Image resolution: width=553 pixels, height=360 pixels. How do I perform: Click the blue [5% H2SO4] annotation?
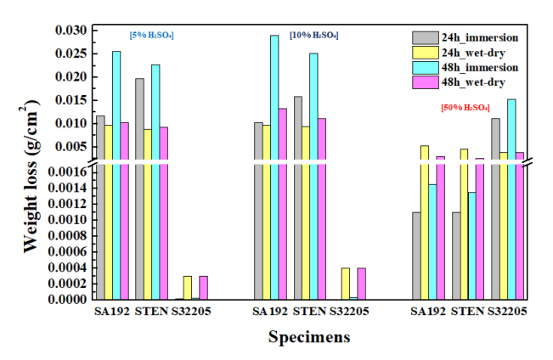pos(153,35)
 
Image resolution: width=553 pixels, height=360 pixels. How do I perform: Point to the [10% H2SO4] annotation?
pos(313,35)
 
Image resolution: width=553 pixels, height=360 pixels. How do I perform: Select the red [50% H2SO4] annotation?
pos(465,108)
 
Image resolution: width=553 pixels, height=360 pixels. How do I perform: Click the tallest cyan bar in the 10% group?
pos(274,166)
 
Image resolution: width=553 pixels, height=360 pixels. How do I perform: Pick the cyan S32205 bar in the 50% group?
pos(511,199)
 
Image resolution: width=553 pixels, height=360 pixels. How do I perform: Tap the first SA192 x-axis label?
pos(111,312)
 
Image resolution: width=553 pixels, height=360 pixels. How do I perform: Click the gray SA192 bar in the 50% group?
pos(416,255)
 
